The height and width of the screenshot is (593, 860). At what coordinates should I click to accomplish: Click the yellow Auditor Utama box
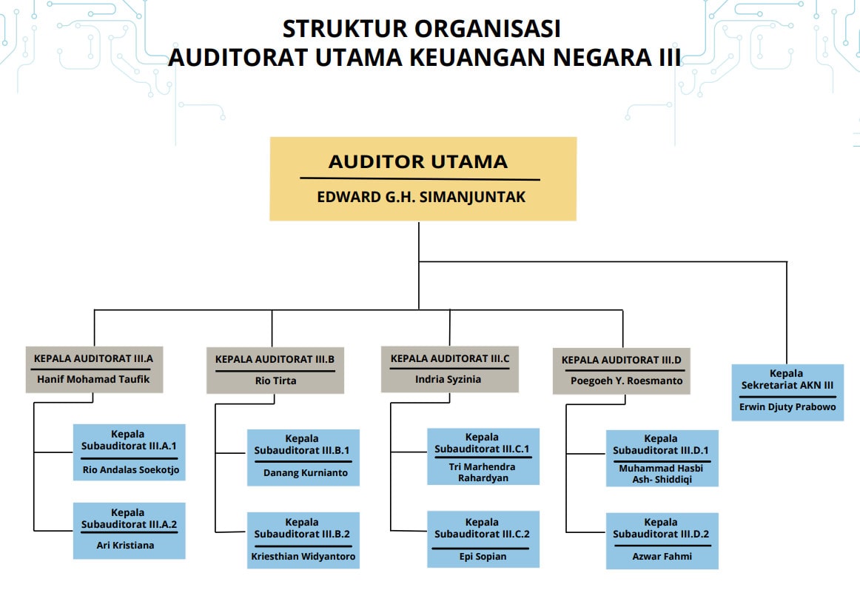point(423,179)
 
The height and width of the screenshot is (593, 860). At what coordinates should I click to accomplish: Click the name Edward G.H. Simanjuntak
point(421,197)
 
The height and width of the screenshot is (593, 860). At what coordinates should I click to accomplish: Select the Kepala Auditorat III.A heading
point(94,359)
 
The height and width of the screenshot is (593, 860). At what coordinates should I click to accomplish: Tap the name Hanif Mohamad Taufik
point(93,379)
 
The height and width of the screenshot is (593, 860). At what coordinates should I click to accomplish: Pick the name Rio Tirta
point(275,381)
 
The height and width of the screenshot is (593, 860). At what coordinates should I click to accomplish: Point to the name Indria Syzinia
point(448,379)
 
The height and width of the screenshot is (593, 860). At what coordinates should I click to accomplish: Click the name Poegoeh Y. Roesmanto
point(626,381)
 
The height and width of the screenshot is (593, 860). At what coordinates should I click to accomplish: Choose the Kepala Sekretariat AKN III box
point(787,392)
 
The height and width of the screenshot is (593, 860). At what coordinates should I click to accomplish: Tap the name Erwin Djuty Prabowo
point(787,407)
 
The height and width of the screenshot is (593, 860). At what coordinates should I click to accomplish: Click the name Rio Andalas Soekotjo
point(131,469)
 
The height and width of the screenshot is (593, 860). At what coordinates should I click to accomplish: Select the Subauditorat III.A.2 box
point(130,531)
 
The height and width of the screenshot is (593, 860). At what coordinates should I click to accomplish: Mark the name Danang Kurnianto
point(306,473)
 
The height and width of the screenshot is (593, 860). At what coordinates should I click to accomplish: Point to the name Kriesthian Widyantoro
point(303,556)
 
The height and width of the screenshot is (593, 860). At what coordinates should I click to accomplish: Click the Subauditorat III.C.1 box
point(483,456)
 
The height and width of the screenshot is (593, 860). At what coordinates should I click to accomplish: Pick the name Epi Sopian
point(483,556)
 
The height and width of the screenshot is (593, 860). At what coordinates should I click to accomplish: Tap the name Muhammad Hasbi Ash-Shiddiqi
point(662,473)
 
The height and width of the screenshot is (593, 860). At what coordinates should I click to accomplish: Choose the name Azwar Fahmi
point(662,556)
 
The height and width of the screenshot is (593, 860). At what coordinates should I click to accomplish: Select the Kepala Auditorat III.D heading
point(622,360)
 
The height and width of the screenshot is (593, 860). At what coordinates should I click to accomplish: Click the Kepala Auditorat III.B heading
point(275,359)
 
